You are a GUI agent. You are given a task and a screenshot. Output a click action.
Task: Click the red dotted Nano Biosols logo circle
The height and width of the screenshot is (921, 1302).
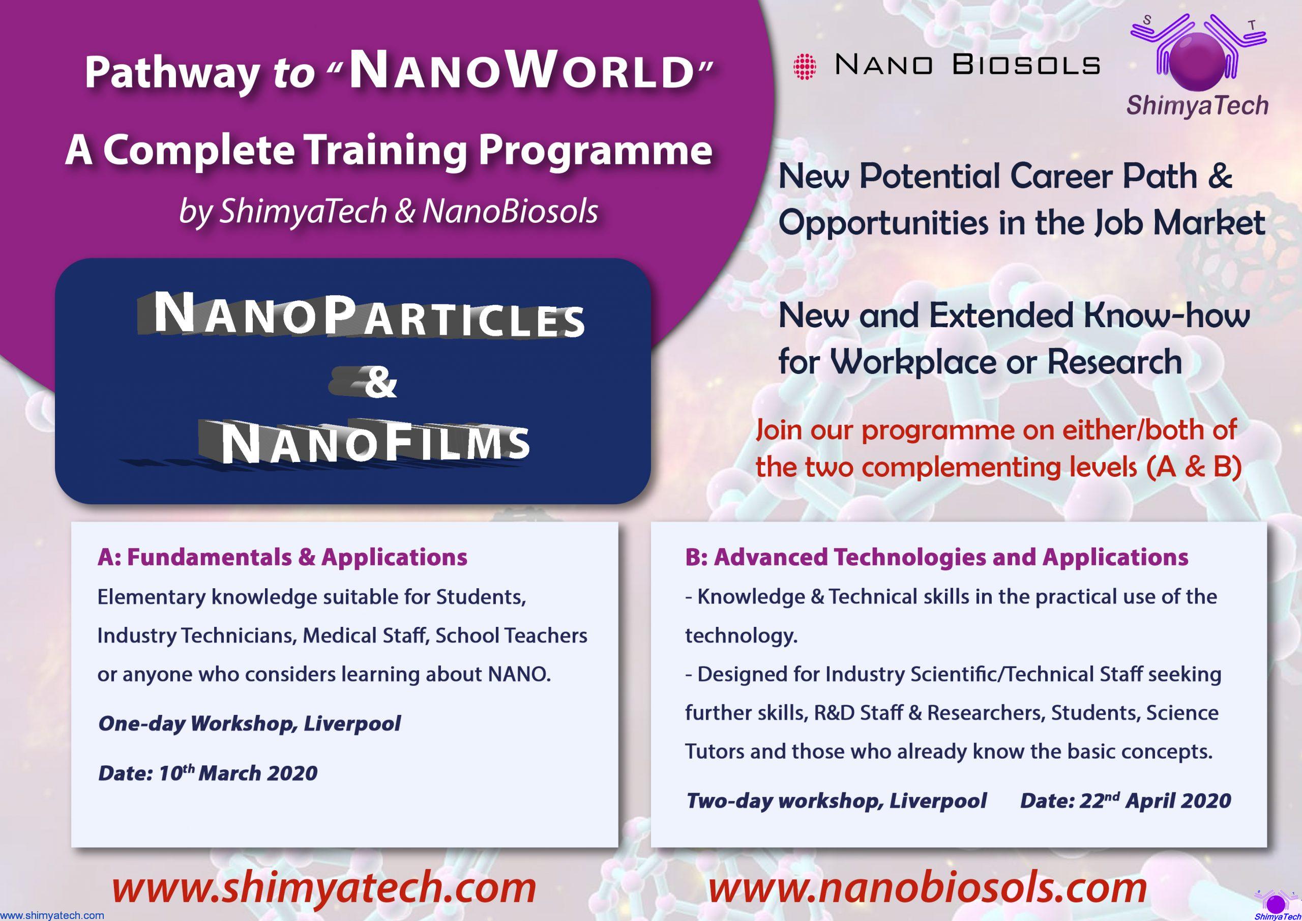point(805,66)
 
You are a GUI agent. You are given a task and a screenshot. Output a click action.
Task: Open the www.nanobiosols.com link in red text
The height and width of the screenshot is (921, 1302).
point(928,887)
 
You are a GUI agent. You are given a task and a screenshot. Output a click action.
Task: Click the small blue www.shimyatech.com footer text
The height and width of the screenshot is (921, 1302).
point(52,915)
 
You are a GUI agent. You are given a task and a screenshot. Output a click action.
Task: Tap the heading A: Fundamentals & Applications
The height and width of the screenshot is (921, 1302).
point(282,557)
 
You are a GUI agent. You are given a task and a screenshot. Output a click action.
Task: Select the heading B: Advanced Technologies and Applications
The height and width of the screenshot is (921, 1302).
point(936,557)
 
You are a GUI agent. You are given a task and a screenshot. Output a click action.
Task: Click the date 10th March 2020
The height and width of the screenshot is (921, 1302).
point(238,773)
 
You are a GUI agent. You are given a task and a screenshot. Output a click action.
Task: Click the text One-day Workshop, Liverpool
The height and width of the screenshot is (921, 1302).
point(250,724)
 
